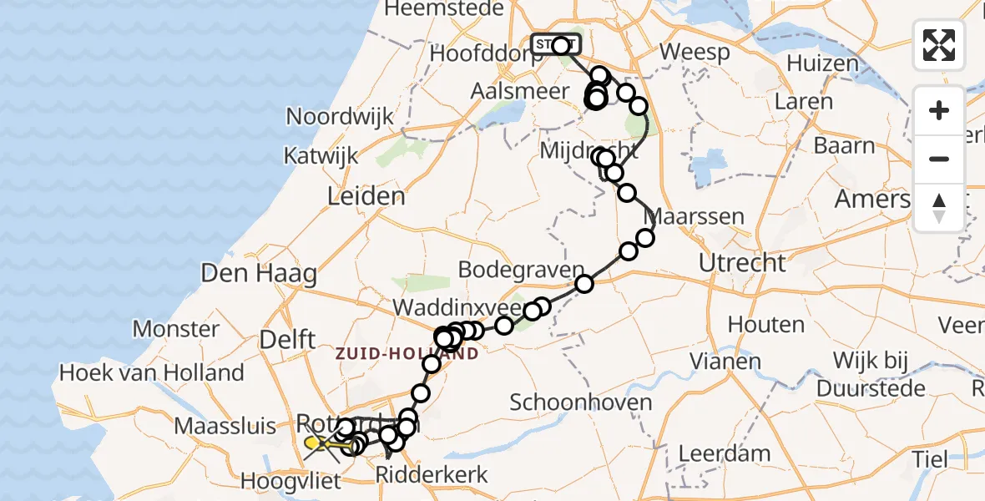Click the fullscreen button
click(x=939, y=44)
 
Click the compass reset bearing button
click(x=939, y=208)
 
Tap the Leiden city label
click(x=366, y=197)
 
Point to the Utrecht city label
click(x=742, y=264)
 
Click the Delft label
click(x=287, y=339)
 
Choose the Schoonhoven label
click(x=580, y=402)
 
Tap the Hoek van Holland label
click(x=151, y=372)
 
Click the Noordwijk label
click(x=340, y=116)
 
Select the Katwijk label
click(x=321, y=155)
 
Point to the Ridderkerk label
click(x=442, y=476)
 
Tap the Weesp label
click(x=695, y=52)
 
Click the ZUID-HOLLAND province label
click(x=407, y=354)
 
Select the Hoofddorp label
click(x=473, y=53)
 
